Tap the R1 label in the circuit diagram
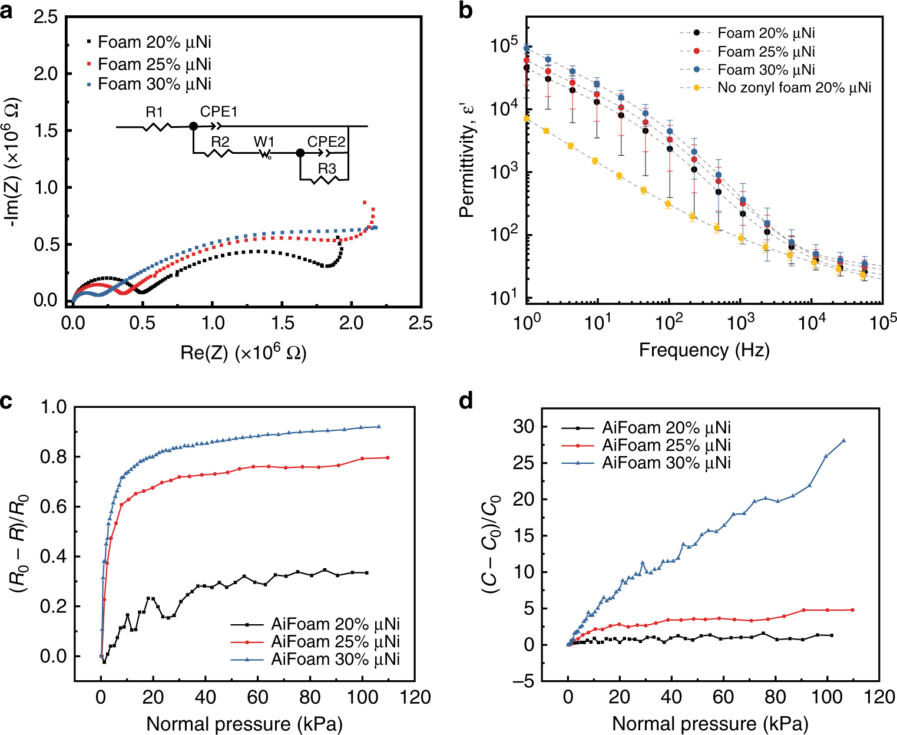[154, 112]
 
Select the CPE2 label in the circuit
[326, 142]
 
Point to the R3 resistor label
[327, 169]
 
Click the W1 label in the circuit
[264, 142]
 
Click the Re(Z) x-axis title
[243, 352]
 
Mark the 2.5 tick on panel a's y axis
[45, 17]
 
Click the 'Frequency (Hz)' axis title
[704, 350]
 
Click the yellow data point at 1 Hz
[527, 118]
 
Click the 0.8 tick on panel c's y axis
[53, 457]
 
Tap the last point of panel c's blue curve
[379, 427]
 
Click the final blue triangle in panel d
[843, 440]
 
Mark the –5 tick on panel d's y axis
[521, 681]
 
